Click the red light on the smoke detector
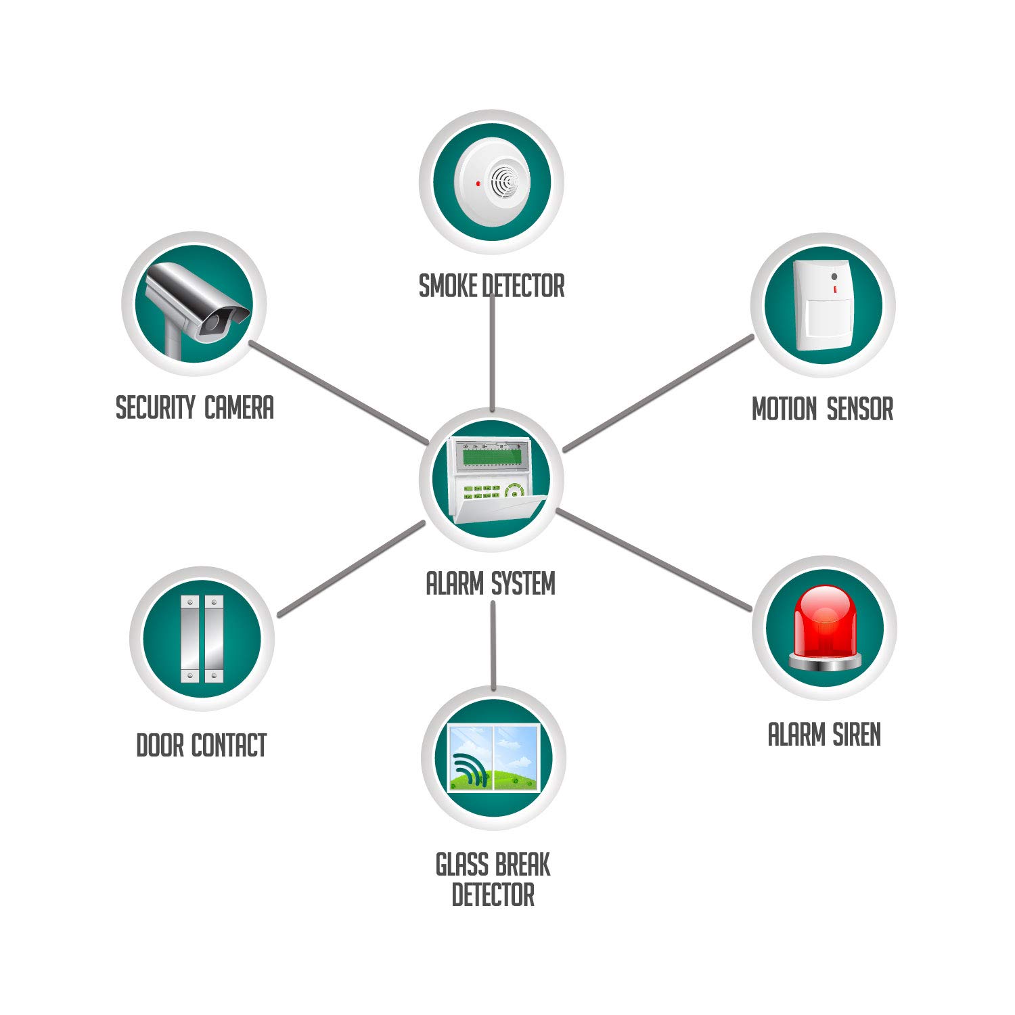[x=478, y=183]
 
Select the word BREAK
[x=522, y=865]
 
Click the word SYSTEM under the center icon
[x=523, y=583]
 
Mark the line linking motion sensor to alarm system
[x=658, y=392]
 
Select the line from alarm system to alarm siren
[x=653, y=560]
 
